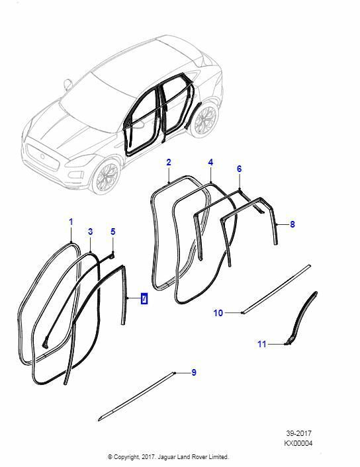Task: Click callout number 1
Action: click(x=71, y=222)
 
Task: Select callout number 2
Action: click(x=169, y=163)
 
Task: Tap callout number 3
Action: click(x=90, y=232)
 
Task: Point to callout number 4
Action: click(x=210, y=163)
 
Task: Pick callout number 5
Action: click(x=113, y=232)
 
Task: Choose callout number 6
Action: click(x=240, y=169)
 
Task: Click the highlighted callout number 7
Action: click(x=144, y=298)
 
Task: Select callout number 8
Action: click(x=292, y=224)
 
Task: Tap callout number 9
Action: click(x=194, y=372)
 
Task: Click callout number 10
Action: click(x=218, y=313)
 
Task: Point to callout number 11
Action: click(x=261, y=344)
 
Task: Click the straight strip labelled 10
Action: click(x=276, y=289)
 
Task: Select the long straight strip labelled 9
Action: click(x=136, y=396)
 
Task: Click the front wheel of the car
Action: click(x=105, y=177)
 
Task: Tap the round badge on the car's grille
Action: click(x=42, y=156)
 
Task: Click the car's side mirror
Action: click(x=68, y=83)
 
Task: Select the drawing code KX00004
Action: click(x=298, y=443)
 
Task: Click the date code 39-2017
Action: click(x=299, y=433)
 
